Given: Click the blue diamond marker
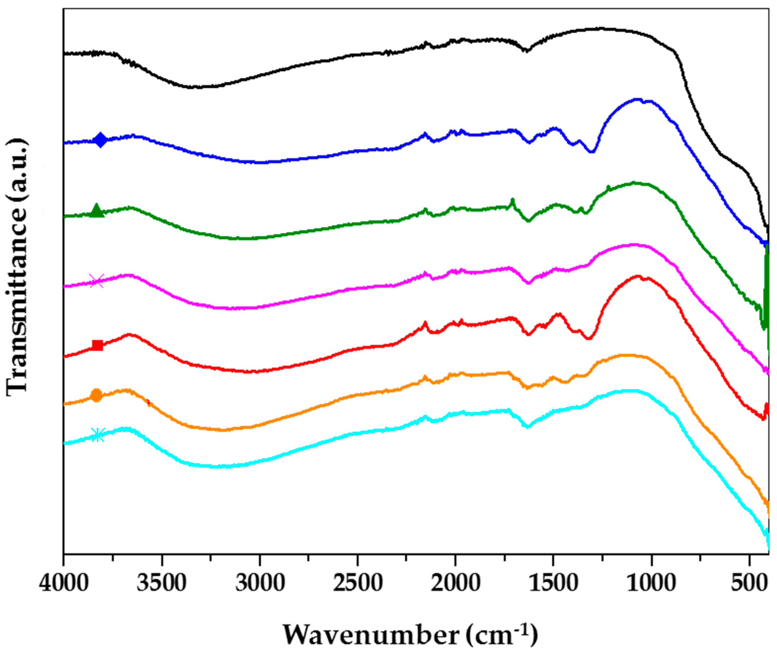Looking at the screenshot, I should pyautogui.click(x=100, y=140).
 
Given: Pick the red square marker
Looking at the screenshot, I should pyautogui.click(x=97, y=345).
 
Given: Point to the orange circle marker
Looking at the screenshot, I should pyautogui.click(x=96, y=395).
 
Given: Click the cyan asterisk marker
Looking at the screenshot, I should pyautogui.click(x=97, y=435).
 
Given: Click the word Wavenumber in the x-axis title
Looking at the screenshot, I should pyautogui.click(x=371, y=635).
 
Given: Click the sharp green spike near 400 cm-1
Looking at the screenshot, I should pyautogui.click(x=766, y=297).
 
